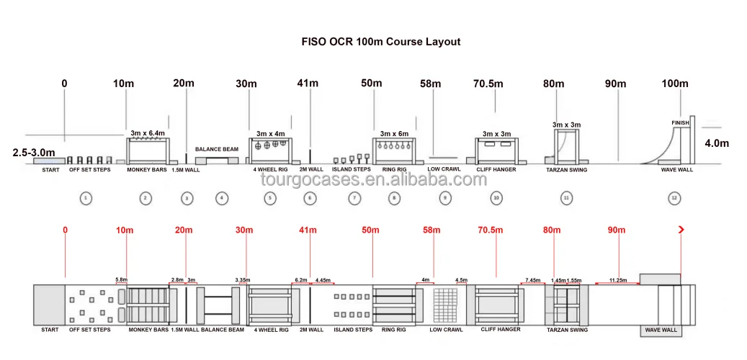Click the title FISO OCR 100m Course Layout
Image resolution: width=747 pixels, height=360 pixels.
(x=380, y=42)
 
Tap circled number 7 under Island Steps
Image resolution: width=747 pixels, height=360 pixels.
(x=354, y=198)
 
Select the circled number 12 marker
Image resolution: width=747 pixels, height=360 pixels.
(x=674, y=198)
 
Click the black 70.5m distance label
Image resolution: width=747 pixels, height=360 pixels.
(x=488, y=84)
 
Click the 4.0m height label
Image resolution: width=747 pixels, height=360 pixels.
(x=716, y=143)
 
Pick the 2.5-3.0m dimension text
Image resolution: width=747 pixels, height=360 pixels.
(x=35, y=153)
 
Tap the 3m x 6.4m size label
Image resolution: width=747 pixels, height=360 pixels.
(x=148, y=133)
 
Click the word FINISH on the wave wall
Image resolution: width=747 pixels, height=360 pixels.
(x=681, y=123)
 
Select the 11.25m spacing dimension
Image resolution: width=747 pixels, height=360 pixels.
(x=617, y=280)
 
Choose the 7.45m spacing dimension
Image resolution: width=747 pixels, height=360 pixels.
(x=533, y=280)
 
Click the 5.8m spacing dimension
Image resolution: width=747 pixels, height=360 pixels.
(x=121, y=280)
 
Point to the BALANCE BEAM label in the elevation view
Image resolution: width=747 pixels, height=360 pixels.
(x=217, y=149)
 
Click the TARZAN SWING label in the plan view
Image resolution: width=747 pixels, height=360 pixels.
(x=567, y=330)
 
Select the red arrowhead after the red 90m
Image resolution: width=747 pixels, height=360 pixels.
(x=681, y=230)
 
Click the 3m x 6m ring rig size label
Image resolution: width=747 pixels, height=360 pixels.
(x=394, y=133)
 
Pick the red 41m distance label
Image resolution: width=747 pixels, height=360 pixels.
(x=308, y=230)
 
